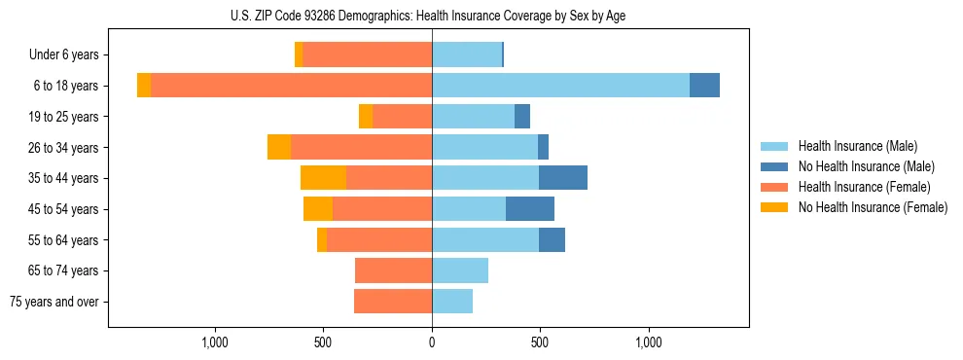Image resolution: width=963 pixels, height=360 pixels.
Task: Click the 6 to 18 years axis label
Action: pos(66,86)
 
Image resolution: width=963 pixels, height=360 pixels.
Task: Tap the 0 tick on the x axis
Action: pos(432,342)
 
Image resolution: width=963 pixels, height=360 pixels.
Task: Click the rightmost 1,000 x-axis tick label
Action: pos(649,342)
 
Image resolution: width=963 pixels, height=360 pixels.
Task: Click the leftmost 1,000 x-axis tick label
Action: pos(215,342)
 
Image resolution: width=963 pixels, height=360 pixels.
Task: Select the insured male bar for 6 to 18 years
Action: pos(560,86)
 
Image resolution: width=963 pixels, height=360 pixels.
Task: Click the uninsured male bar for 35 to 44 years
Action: pos(563,178)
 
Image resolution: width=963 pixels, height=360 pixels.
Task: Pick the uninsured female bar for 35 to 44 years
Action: pos(323,178)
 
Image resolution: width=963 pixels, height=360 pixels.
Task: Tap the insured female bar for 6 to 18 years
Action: pos(291,86)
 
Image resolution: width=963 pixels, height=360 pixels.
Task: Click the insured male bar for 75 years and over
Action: pos(452,302)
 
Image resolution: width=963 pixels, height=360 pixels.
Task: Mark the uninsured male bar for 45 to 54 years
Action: pos(530,209)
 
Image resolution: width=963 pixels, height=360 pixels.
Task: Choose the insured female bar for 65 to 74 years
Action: pos(393,270)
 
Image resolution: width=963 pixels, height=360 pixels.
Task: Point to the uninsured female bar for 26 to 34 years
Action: pos(279,147)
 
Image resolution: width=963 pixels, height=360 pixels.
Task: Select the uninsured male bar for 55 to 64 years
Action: pos(552,239)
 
